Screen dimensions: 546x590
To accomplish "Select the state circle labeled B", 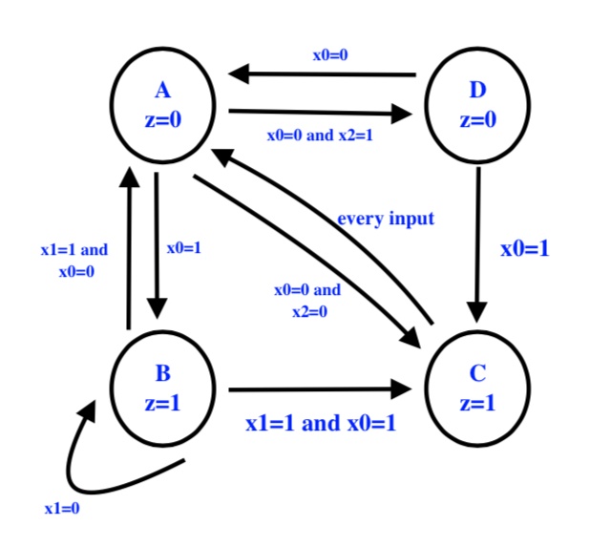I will (x=162, y=386).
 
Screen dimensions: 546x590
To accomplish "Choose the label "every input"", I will (x=386, y=220).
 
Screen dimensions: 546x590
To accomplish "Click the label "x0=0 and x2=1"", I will (x=320, y=136).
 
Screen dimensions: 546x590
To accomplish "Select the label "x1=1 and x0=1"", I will (x=320, y=423).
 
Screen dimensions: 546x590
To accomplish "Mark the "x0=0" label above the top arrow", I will (x=330, y=54).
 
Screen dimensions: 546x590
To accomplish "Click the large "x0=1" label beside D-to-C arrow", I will (x=525, y=249).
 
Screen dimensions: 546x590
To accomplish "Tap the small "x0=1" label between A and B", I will (x=181, y=249).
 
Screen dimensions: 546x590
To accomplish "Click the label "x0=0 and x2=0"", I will (x=307, y=300).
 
